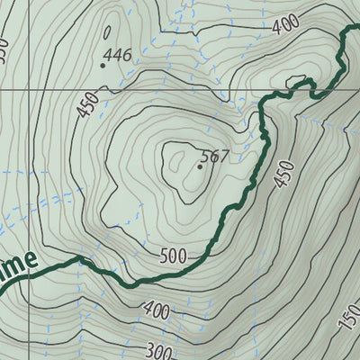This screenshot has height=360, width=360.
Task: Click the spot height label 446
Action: (x=118, y=56)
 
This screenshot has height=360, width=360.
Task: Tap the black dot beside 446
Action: (x=103, y=64)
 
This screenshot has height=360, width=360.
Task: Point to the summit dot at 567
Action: (x=200, y=166)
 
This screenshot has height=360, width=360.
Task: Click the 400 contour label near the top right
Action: (x=284, y=25)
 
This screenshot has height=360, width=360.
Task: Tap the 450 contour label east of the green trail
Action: (x=284, y=174)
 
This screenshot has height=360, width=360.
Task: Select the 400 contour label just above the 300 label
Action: (x=157, y=312)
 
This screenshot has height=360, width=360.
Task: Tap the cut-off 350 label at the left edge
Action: (x=4, y=49)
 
